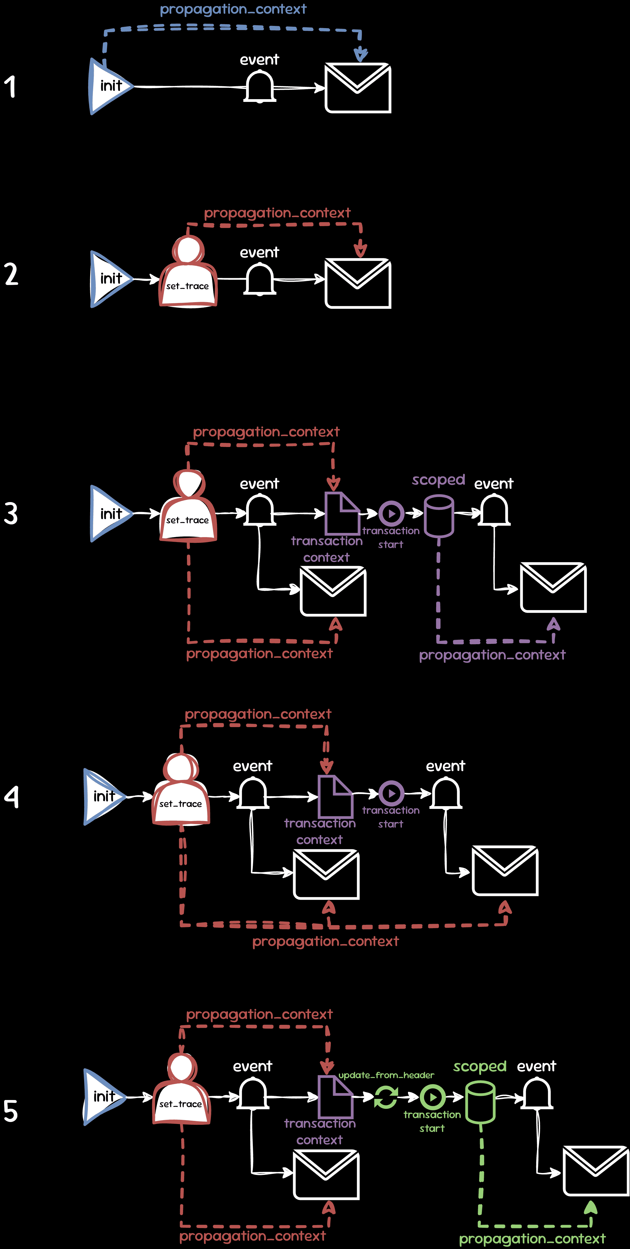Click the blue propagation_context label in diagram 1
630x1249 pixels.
[x=233, y=9]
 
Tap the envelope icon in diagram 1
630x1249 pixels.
[x=358, y=88]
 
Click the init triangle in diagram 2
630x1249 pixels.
[x=109, y=279]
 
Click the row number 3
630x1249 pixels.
[x=11, y=513]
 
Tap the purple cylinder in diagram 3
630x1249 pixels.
[x=439, y=515]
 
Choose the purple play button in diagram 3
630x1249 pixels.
[x=391, y=513]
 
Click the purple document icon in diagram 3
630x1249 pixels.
[x=341, y=513]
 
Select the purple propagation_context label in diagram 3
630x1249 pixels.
[x=492, y=655]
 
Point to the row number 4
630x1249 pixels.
[x=11, y=796]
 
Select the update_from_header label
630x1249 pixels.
[x=386, y=1075]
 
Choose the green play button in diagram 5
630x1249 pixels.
[x=432, y=1097]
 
